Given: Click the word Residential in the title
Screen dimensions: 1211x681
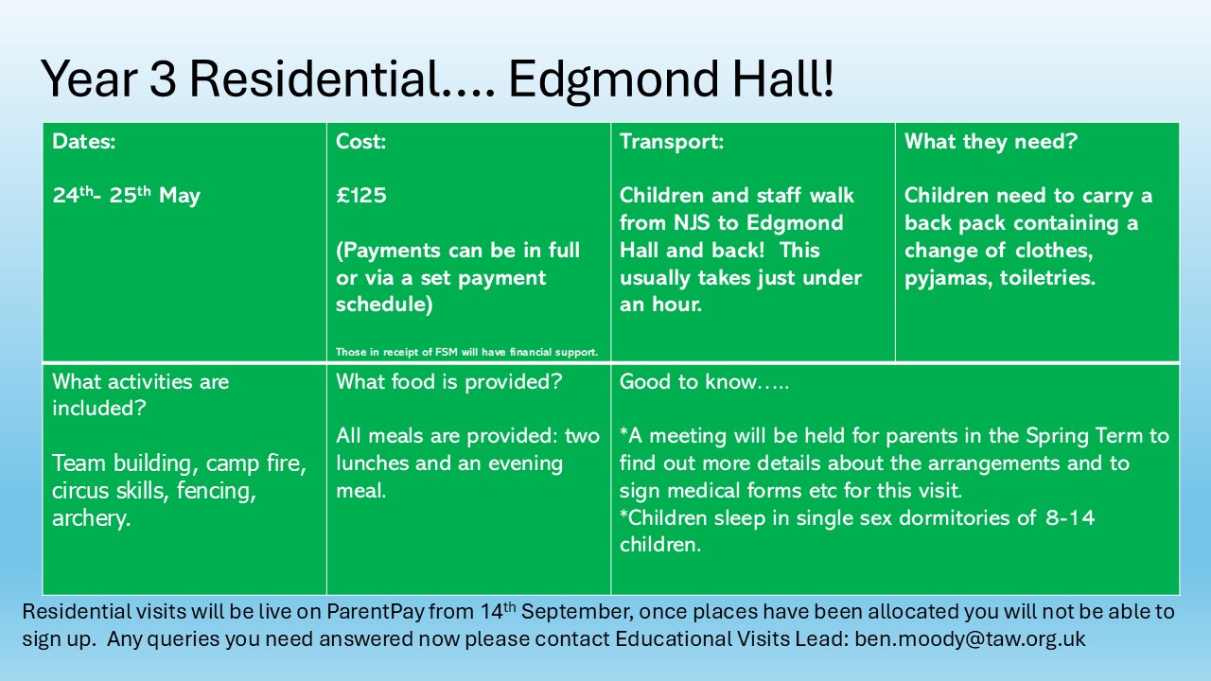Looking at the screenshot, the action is pyautogui.click(x=315, y=79).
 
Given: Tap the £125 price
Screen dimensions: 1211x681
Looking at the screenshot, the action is pyautogui.click(x=361, y=196).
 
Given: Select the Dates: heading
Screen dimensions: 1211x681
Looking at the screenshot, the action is pyautogui.click(x=84, y=142).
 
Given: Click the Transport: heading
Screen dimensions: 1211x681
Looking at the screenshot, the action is pyautogui.click(x=672, y=142).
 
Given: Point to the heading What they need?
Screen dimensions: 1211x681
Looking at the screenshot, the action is pyautogui.click(x=991, y=142).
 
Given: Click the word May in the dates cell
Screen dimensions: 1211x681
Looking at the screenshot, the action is pyautogui.click(x=180, y=197).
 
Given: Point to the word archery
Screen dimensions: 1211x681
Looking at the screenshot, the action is pyautogui.click(x=92, y=519).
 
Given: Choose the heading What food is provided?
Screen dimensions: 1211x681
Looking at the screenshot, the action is pyautogui.click(x=449, y=382).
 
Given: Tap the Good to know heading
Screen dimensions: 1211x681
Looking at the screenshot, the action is pyautogui.click(x=704, y=382).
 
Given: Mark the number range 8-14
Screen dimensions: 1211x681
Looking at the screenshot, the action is pyautogui.click(x=1070, y=517).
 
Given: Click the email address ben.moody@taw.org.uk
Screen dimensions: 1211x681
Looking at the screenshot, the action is pyautogui.click(x=970, y=639).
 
